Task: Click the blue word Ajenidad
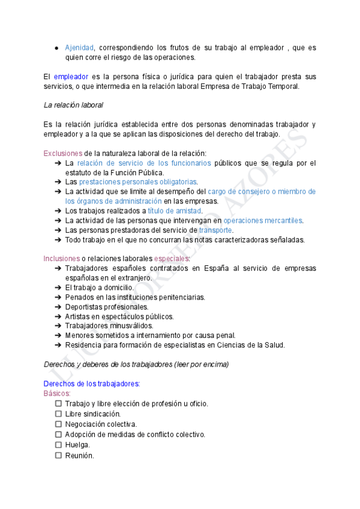pyautogui.click(x=79, y=47)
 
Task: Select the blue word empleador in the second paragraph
pyautogui.click(x=71, y=77)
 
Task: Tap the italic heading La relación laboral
pyautogui.click(x=73, y=105)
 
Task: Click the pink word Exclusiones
pyautogui.click(x=63, y=153)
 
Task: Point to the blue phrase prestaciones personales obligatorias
pyautogui.click(x=138, y=182)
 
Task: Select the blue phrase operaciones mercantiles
pyautogui.click(x=263, y=220)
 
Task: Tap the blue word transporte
pyautogui.click(x=215, y=230)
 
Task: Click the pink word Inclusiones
pyautogui.click(x=61, y=259)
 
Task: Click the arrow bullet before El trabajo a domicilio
pyautogui.click(x=58, y=288)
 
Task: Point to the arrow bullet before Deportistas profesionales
pyautogui.click(x=58, y=307)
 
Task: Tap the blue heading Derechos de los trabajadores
pyautogui.click(x=92, y=384)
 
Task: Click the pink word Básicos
pyautogui.click(x=57, y=393)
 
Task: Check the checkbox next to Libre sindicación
pyautogui.click(x=58, y=414)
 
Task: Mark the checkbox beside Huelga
pyautogui.click(x=58, y=445)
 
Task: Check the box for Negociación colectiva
pyautogui.click(x=58, y=424)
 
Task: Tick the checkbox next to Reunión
pyautogui.click(x=58, y=456)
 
